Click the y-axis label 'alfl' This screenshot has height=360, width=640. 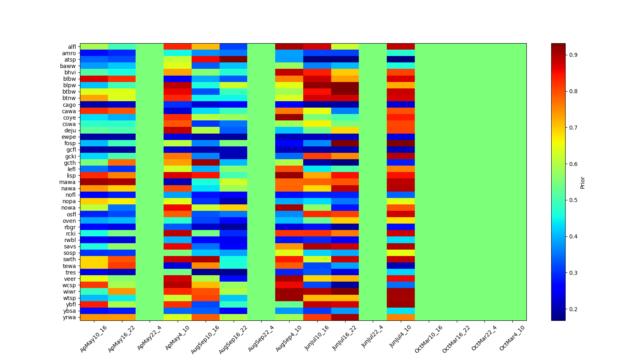(71, 47)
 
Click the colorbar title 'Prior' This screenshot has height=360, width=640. (582, 182)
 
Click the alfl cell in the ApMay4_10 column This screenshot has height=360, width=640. (178, 47)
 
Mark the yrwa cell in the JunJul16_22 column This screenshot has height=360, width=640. (345, 317)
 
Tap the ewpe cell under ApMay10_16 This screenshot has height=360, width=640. (94, 137)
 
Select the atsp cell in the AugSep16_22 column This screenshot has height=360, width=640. (233, 60)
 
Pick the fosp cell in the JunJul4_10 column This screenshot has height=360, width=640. (400, 143)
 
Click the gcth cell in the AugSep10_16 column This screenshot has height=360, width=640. (206, 162)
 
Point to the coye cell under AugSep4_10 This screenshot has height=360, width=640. (289, 118)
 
